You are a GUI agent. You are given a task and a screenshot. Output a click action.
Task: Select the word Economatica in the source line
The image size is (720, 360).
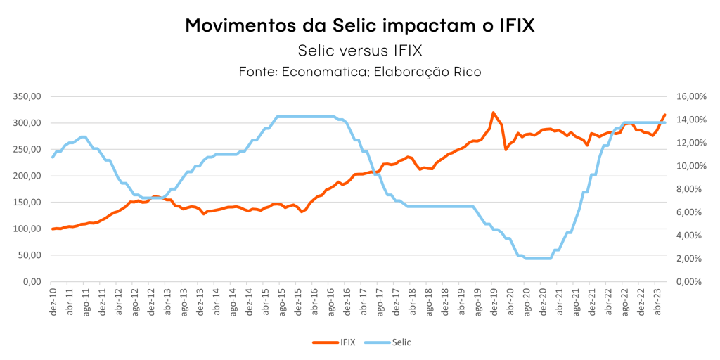coord(326,72)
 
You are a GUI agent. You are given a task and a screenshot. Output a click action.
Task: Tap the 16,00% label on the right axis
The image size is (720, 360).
coord(688,96)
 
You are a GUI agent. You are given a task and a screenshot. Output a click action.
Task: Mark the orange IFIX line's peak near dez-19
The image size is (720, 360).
coord(493,112)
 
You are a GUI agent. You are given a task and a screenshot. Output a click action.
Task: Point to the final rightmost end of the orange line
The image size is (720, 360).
coord(664,115)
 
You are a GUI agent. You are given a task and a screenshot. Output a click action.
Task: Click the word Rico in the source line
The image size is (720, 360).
coord(467,72)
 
